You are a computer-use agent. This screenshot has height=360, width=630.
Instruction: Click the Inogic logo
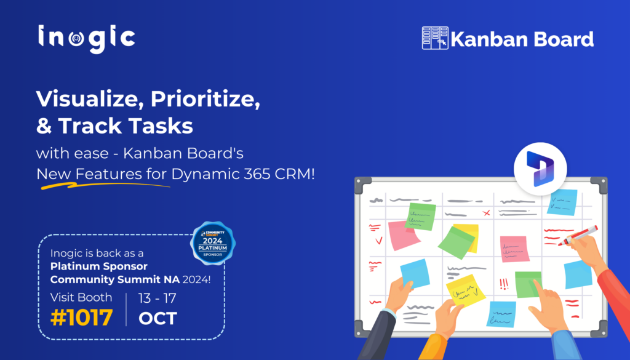pyautogui.click(x=86, y=38)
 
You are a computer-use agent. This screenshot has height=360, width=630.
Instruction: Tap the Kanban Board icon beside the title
pyautogui.click(x=434, y=38)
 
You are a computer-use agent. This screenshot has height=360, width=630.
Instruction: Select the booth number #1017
pyautogui.click(x=82, y=318)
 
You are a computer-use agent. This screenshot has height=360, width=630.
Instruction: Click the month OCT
pyautogui.click(x=157, y=318)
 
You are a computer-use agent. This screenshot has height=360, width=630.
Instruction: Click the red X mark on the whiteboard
pyautogui.click(x=486, y=213)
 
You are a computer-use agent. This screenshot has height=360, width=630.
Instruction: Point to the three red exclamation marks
pyautogui.click(x=504, y=284)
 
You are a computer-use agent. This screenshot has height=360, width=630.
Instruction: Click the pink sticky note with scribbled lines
pyautogui.click(x=514, y=249)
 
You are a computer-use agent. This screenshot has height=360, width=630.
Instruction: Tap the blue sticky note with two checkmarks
pyautogui.click(x=562, y=202)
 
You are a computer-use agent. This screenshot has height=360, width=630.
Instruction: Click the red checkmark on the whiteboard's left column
pyautogui.click(x=378, y=241)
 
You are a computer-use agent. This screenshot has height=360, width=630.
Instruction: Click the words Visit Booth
pyautogui.click(x=81, y=297)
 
